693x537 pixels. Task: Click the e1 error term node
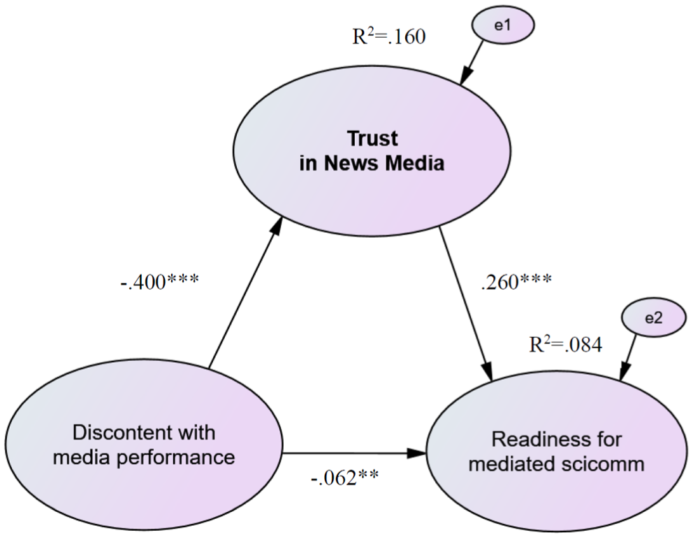tap(503, 26)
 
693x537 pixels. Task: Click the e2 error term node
tap(654, 318)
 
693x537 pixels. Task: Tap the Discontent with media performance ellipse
tap(144, 444)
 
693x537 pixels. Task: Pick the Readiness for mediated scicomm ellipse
tap(556, 452)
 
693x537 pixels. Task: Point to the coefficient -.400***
tap(159, 281)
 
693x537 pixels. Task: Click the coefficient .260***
tap(516, 281)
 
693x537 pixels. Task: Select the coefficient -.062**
tap(344, 478)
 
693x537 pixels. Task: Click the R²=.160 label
tap(389, 36)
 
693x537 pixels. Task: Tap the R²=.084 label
tap(566, 344)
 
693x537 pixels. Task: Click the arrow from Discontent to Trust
tap(245, 292)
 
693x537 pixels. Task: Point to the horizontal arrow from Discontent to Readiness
tap(354, 453)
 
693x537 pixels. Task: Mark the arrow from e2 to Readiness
tap(628, 357)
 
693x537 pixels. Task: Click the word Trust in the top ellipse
tap(372, 138)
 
